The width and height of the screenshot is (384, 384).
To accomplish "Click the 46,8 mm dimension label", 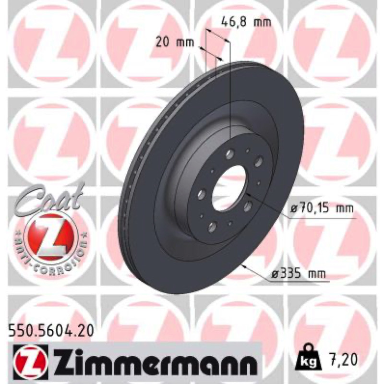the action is tap(246, 22).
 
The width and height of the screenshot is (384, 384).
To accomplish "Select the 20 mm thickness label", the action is tap(175, 42).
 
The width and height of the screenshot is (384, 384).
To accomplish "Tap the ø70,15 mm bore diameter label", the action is tap(322, 209).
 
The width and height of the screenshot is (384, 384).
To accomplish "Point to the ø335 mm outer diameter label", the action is tap(299, 273).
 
